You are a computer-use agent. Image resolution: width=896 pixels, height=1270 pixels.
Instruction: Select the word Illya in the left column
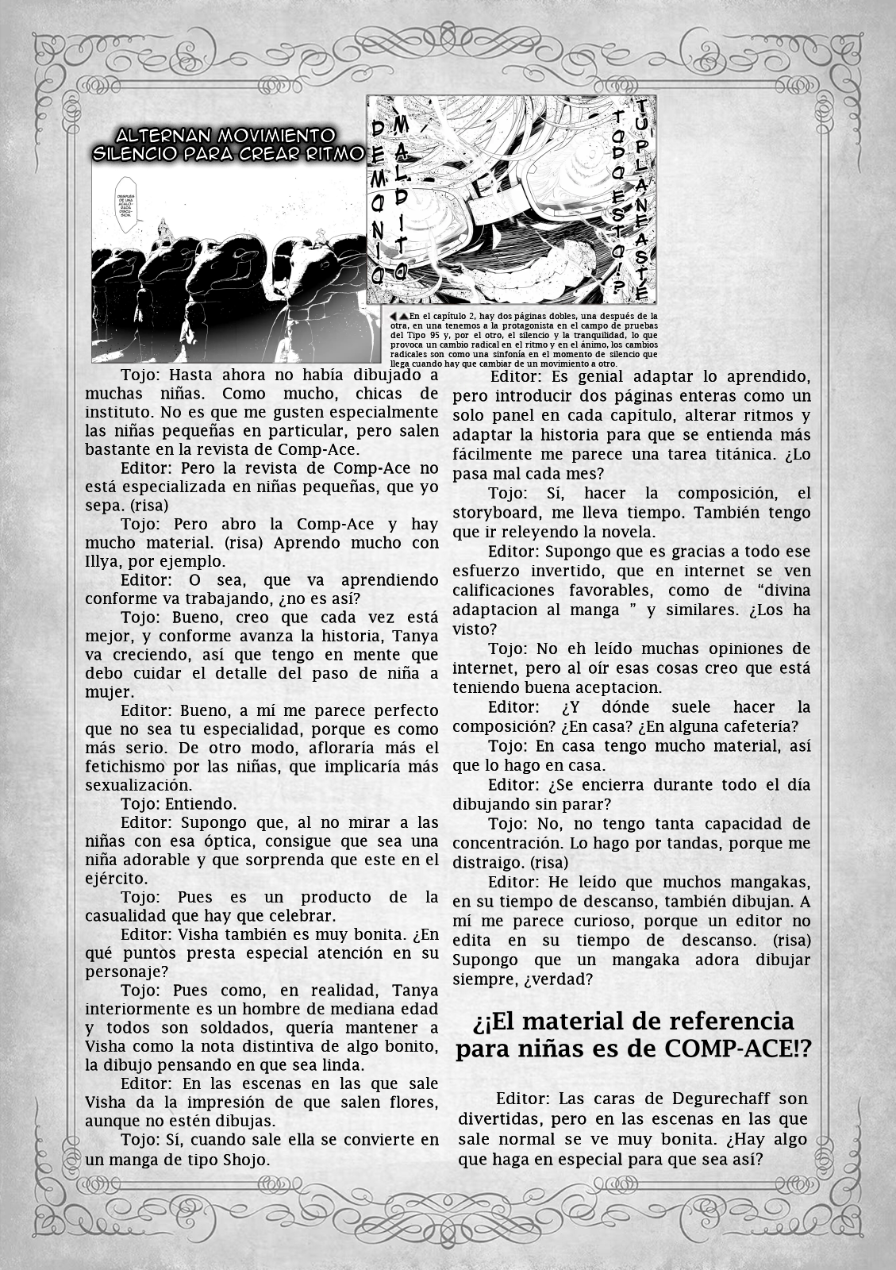[x=106, y=561]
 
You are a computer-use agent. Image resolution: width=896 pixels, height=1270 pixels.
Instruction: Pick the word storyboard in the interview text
[x=494, y=513]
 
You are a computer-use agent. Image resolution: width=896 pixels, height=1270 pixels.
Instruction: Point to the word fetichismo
[x=129, y=767]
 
